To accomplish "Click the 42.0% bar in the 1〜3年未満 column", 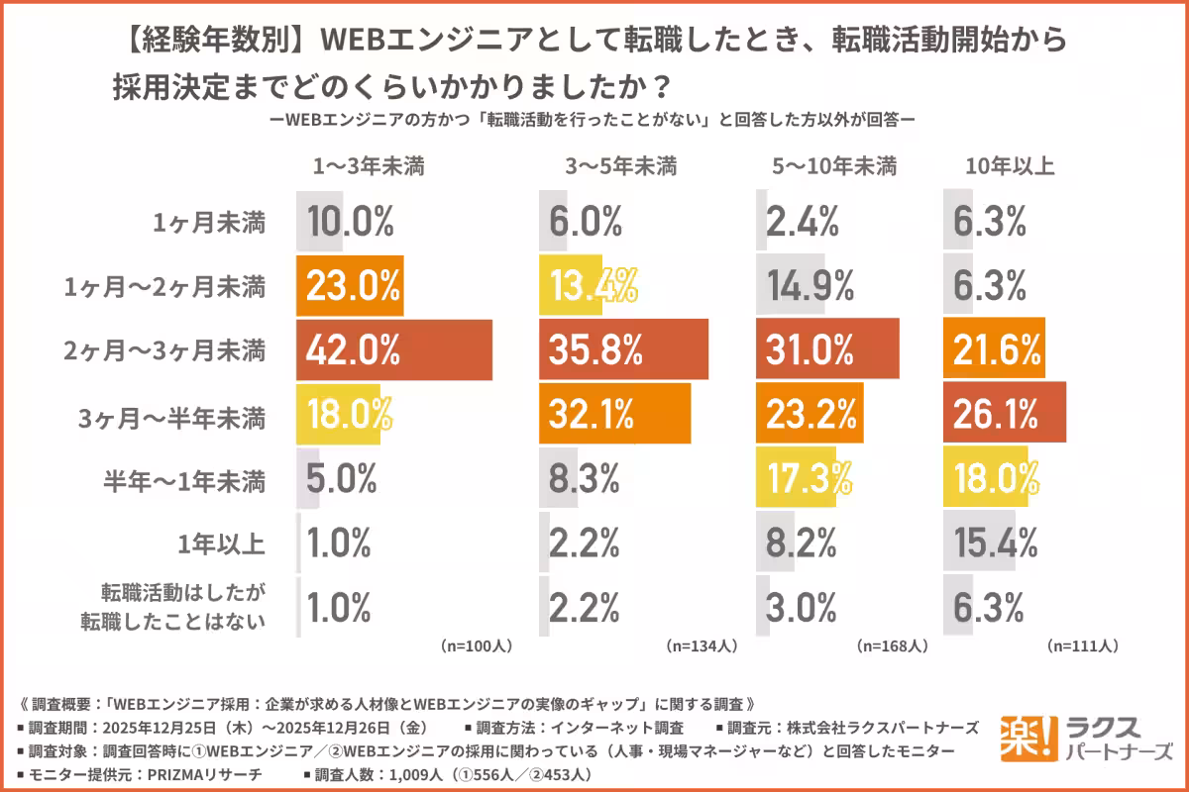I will pos(393,349).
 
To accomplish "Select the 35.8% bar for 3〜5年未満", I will pos(623,349).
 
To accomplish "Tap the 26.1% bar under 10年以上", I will pos(1004,412).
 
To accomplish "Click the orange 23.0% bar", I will pos(350,286).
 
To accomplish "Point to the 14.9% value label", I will pos(811,286).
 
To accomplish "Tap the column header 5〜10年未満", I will pos(833,166).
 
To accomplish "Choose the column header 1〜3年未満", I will pos(369,166).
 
